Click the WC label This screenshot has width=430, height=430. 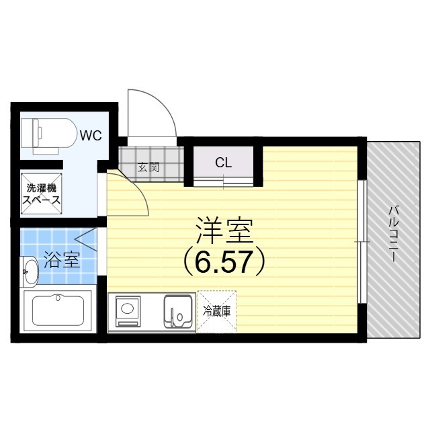91,135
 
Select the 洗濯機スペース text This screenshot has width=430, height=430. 42,194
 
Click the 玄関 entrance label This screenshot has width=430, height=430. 148,167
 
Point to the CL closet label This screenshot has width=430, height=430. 224,162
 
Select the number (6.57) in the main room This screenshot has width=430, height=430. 224,262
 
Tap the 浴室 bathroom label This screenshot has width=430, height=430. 62,260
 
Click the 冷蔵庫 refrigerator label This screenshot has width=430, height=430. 216,311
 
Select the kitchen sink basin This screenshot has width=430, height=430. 179,310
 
